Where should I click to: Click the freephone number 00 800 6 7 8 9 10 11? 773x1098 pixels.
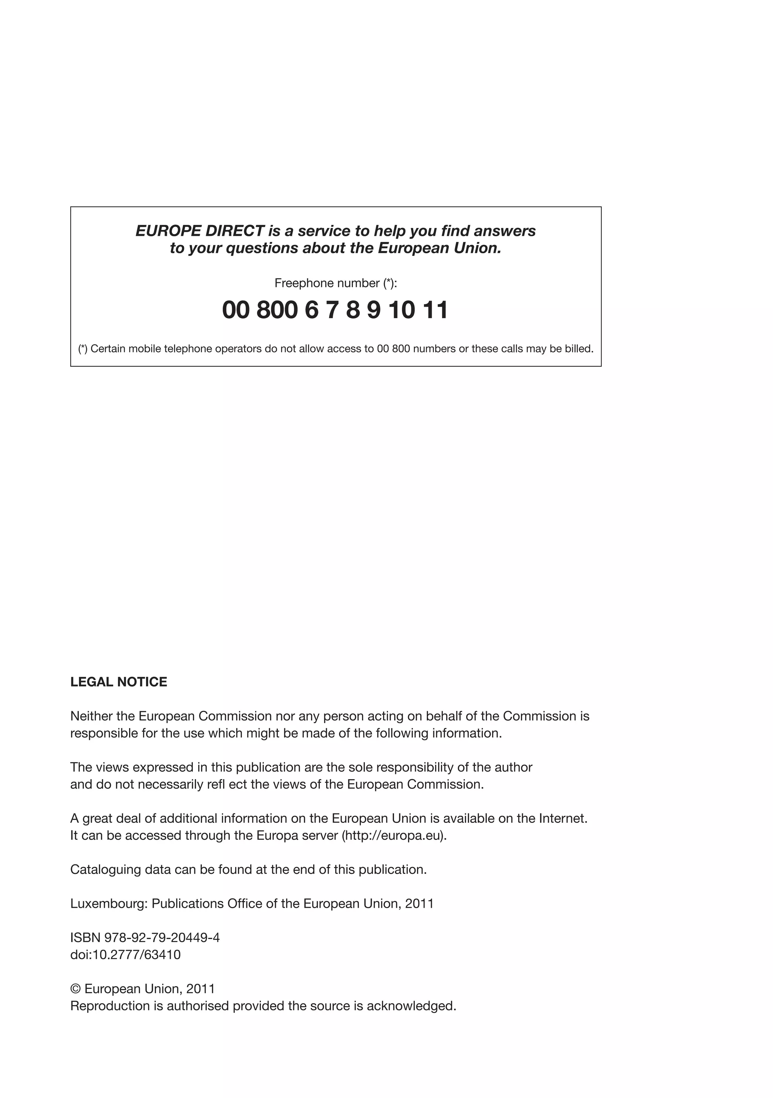(x=335, y=310)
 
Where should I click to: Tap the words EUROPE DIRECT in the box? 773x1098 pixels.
(x=200, y=231)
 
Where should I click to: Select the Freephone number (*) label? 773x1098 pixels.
(x=335, y=283)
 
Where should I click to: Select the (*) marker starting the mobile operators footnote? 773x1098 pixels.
(x=83, y=349)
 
